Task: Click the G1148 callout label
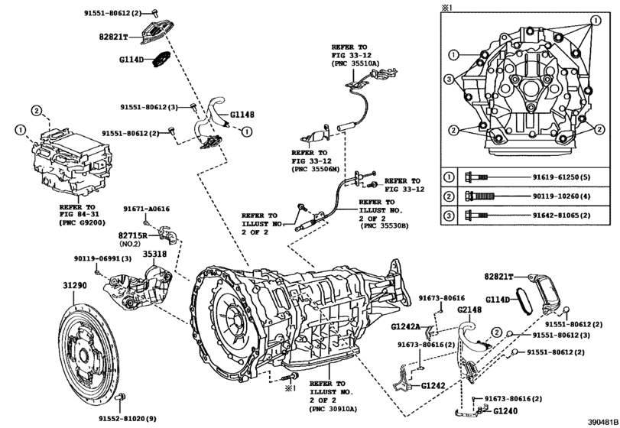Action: (240, 115)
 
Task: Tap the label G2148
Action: (469, 309)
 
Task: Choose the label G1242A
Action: (406, 326)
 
